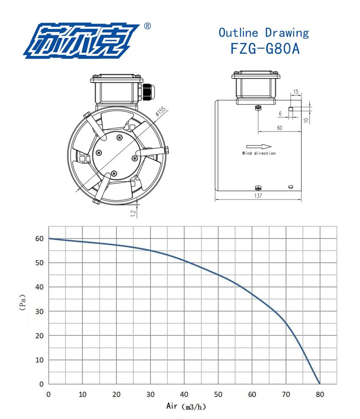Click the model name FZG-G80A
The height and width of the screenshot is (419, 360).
265,49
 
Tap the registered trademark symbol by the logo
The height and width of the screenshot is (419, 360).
147,26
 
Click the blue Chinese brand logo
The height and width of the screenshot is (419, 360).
81,41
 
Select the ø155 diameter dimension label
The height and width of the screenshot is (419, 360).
161,111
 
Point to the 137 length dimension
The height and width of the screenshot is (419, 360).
258,196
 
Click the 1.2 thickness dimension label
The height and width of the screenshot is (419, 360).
133,213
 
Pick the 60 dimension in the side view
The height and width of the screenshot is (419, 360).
280,128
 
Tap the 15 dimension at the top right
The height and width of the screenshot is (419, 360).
296,92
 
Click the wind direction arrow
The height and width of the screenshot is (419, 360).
259,146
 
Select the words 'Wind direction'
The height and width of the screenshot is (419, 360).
259,153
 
